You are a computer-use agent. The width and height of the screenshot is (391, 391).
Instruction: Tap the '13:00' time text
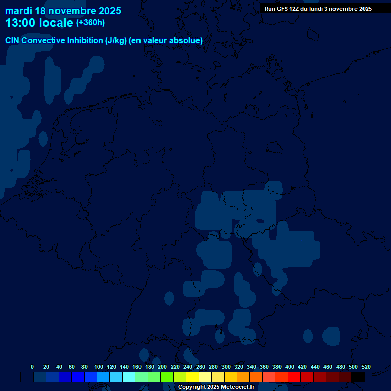[x=20, y=23]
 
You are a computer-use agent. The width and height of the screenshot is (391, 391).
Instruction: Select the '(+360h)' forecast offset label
[x=91, y=23]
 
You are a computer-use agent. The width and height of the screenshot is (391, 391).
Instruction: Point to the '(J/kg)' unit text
[x=116, y=41]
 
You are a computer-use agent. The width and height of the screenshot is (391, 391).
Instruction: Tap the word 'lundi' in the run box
[x=318, y=9]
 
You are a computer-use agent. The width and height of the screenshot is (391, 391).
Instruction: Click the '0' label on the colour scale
[x=32, y=367]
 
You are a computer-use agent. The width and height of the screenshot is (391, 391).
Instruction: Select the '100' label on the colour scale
[x=99, y=367]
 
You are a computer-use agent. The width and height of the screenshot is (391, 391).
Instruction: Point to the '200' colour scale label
[x=162, y=367]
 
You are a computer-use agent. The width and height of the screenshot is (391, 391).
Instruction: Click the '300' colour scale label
[x=226, y=367]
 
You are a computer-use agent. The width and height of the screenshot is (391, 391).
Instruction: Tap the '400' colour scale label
[x=290, y=367]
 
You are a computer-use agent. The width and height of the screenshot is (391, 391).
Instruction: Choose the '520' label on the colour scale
[x=366, y=367]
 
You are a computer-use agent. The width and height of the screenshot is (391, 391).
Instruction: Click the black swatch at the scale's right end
[x=358, y=377]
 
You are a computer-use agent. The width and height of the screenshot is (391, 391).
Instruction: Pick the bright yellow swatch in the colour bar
[x=192, y=377]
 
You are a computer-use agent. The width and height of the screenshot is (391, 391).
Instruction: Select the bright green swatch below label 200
[x=167, y=377]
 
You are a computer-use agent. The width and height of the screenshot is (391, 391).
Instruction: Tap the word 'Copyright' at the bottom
[x=191, y=387]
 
